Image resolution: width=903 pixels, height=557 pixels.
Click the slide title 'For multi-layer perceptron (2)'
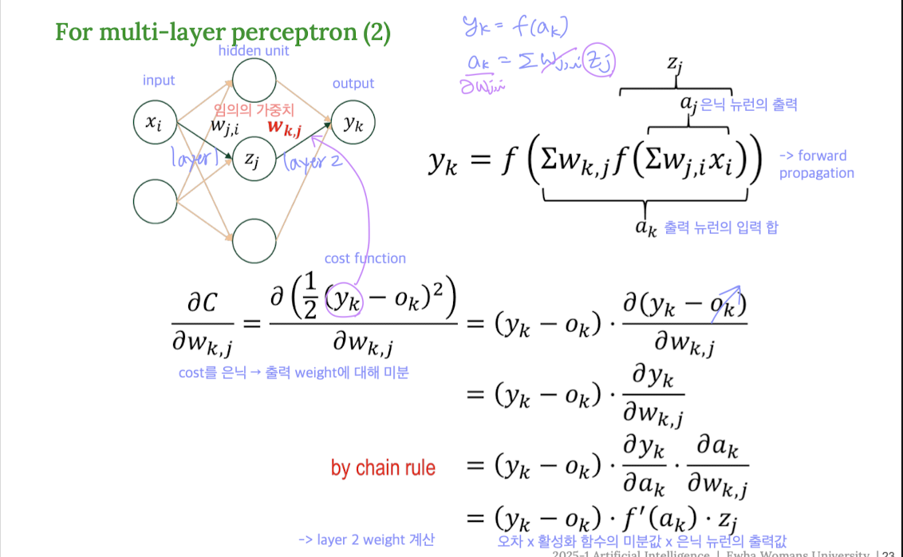pyautogui.click(x=223, y=34)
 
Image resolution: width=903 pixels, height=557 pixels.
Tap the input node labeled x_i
pyautogui.click(x=155, y=122)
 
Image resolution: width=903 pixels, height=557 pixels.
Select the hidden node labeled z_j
pyautogui.click(x=253, y=159)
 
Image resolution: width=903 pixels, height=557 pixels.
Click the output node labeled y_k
pyautogui.click(x=353, y=123)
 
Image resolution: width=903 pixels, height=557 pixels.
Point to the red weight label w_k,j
pyautogui.click(x=284, y=126)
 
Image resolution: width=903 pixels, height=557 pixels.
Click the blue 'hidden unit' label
pyautogui.click(x=254, y=51)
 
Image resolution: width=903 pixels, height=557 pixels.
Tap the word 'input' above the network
pyautogui.click(x=159, y=80)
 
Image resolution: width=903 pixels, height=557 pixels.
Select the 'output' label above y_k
pyautogui.click(x=353, y=83)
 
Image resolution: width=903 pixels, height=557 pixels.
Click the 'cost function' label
pyautogui.click(x=365, y=259)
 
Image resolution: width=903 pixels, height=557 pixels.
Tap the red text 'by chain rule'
pyautogui.click(x=383, y=468)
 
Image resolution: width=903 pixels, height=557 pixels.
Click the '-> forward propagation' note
pyautogui.click(x=815, y=164)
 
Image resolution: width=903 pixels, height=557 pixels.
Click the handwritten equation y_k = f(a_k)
pyautogui.click(x=515, y=30)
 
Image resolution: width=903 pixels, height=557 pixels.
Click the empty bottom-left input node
pyautogui.click(x=155, y=202)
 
